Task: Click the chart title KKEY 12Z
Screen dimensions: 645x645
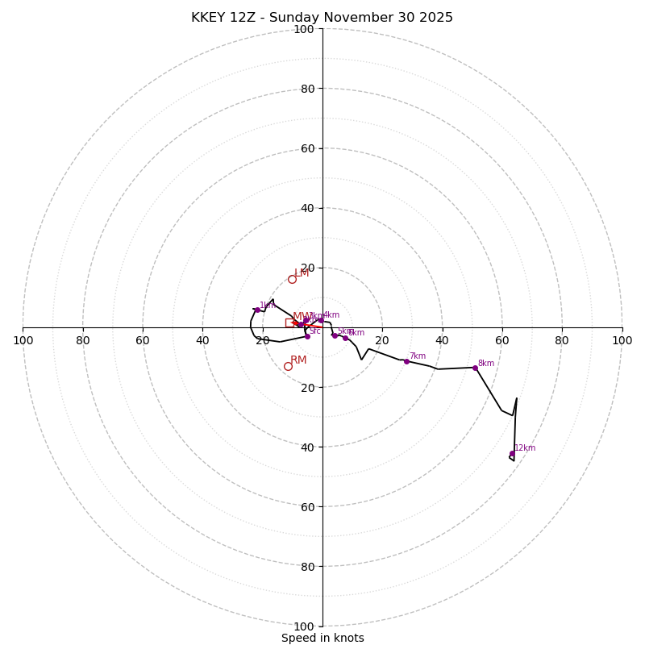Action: (322, 18)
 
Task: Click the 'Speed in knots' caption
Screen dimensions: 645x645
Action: (322, 638)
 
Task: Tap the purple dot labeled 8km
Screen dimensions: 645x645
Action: (475, 368)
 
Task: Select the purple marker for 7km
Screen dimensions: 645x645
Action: (406, 361)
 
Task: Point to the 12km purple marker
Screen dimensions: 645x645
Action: (512, 453)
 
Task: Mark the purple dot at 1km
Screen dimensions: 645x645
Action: (257, 310)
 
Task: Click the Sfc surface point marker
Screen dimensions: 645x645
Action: (307, 336)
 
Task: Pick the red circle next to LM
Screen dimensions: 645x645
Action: (292, 280)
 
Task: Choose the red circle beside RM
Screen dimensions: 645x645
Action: (288, 366)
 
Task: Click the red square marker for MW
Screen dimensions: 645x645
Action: (289, 322)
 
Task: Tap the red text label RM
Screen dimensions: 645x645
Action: (298, 360)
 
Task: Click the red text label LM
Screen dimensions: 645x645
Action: (302, 273)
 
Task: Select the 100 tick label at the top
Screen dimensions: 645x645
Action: (304, 29)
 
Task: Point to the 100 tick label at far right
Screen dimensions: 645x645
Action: (622, 340)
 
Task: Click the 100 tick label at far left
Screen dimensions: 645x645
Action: (23, 340)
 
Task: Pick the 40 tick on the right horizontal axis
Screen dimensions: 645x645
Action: (442, 340)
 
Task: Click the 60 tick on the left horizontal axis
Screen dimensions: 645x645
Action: (144, 340)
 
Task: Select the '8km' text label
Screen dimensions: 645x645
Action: (485, 364)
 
